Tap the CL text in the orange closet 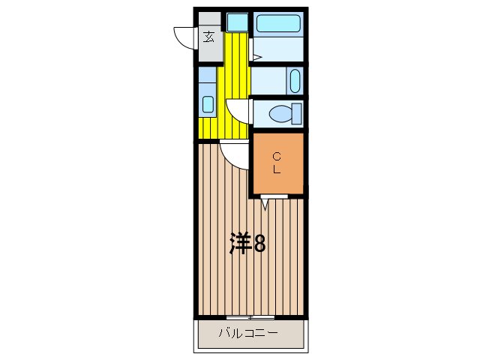277,163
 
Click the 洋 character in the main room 239,243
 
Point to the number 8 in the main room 258,243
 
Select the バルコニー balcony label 248,332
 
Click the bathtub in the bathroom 278,22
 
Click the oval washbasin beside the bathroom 294,80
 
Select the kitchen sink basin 208,104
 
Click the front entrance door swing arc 184,36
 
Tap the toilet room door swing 238,111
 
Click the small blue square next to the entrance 237,22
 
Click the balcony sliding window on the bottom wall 249,317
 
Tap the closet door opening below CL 274,196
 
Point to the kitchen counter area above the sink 208,79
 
